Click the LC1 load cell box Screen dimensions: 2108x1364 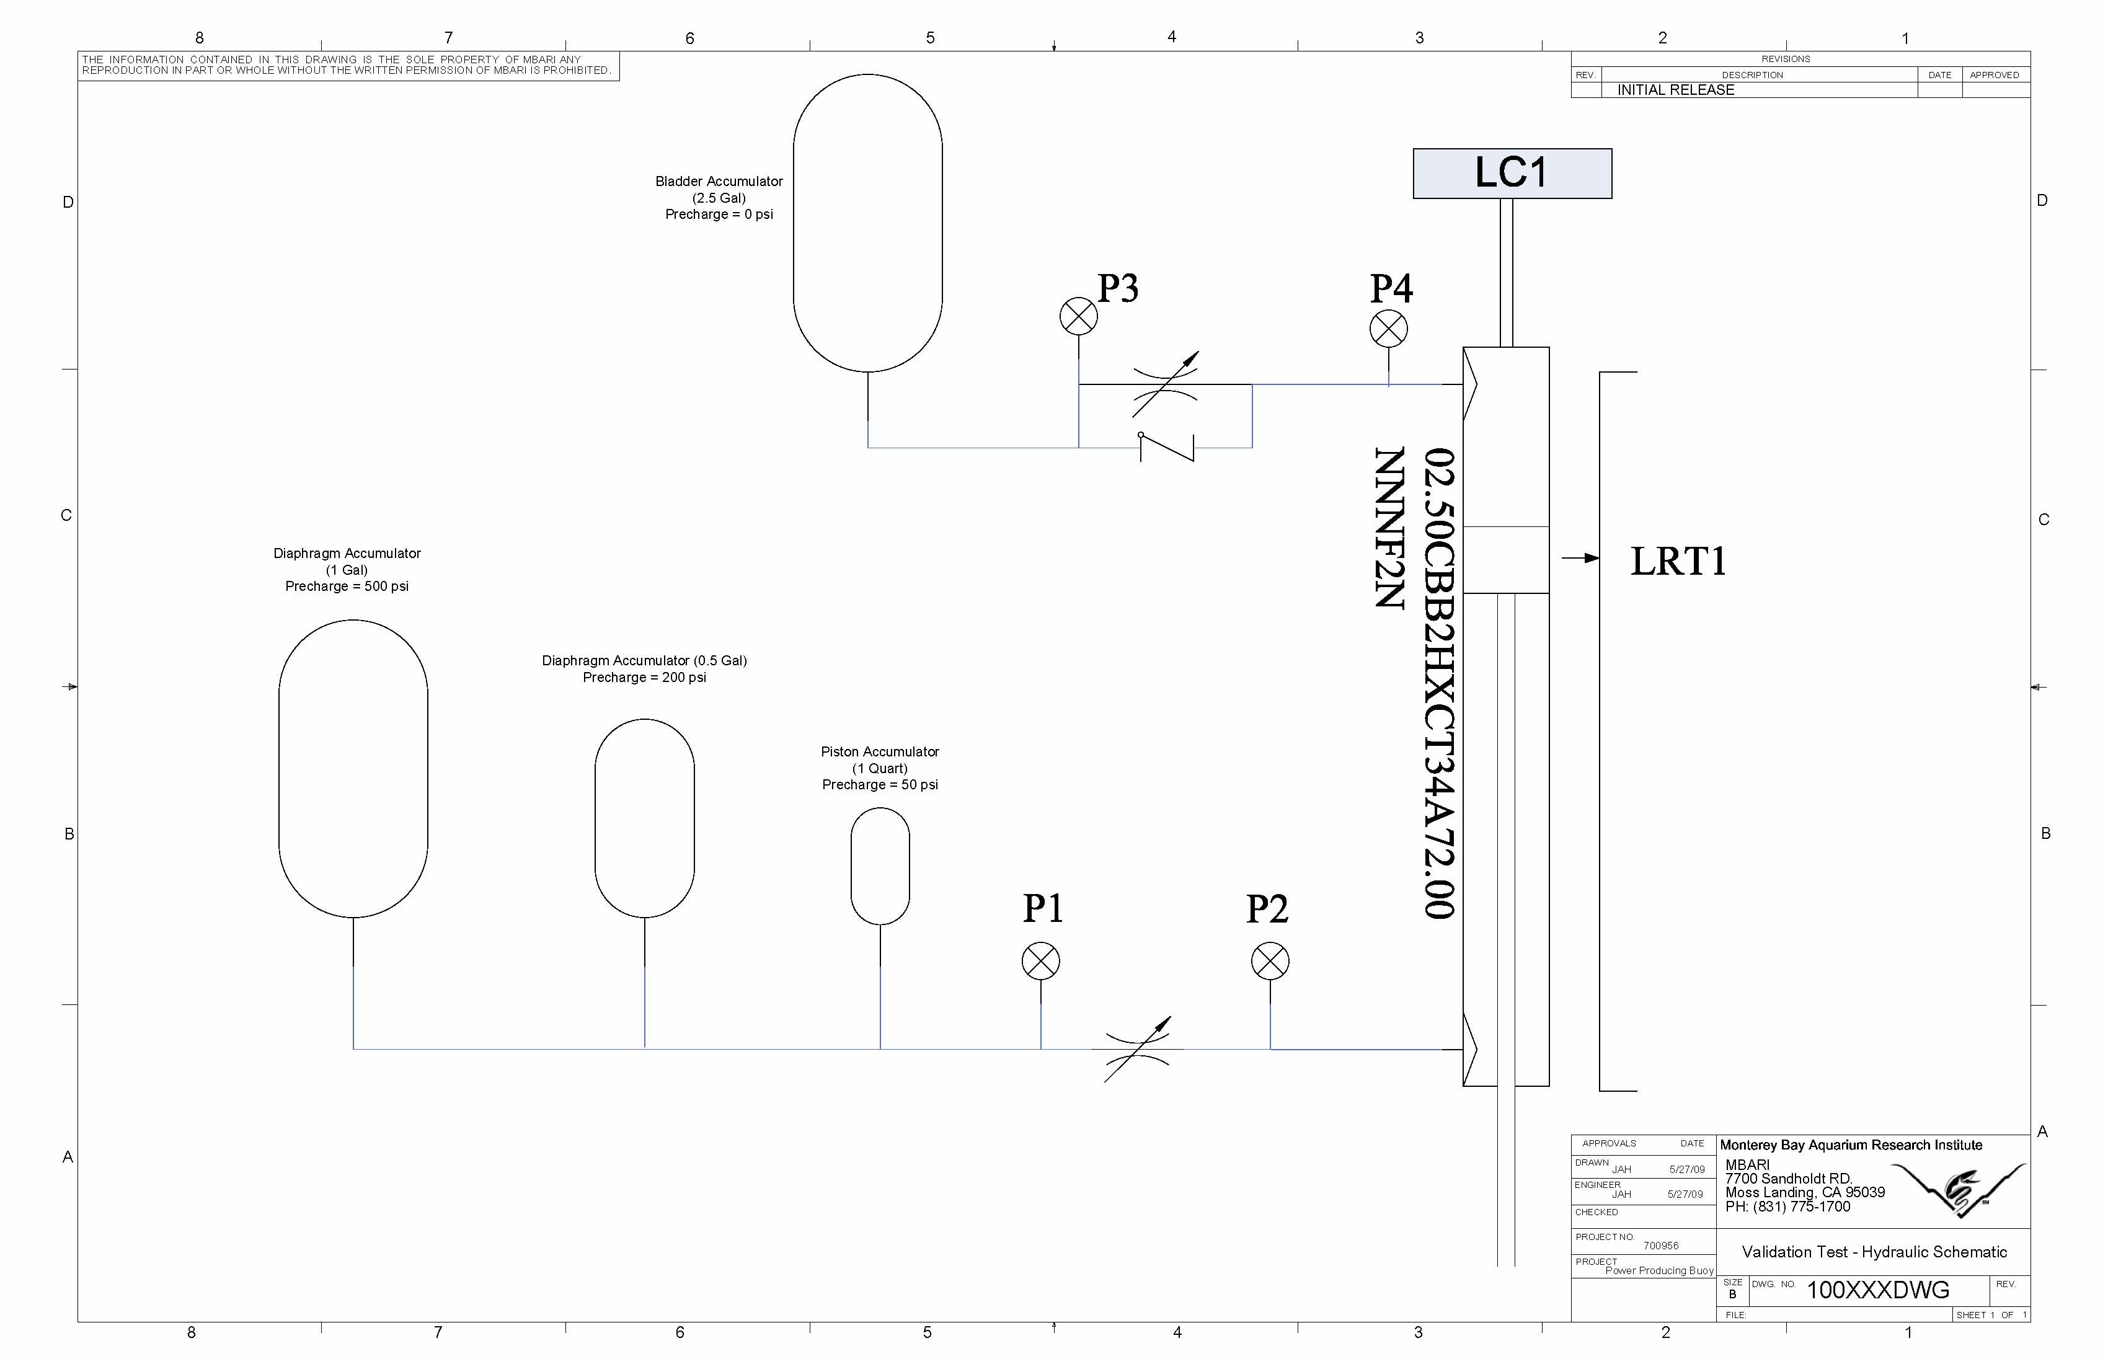click(1512, 174)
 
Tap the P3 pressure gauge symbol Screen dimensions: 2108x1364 click(1078, 316)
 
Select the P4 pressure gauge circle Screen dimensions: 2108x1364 click(1388, 329)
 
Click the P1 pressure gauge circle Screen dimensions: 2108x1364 click(1041, 961)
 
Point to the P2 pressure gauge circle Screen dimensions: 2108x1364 click(1270, 961)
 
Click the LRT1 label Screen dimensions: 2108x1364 click(1678, 562)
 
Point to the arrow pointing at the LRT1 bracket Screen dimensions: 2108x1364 click(1580, 558)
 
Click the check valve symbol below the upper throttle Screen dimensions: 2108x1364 click(1166, 446)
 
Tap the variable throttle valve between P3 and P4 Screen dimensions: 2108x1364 click(1166, 384)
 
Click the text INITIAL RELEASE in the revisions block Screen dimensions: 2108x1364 click(1676, 89)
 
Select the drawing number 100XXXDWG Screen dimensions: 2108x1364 click(1878, 1290)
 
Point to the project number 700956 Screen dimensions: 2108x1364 click(1661, 1246)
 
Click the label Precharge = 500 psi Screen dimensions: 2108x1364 click(347, 587)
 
